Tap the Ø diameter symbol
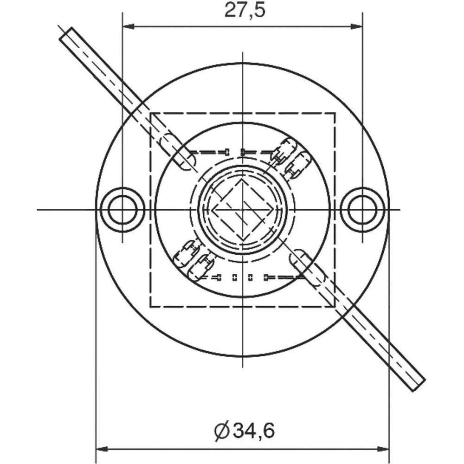[x=223, y=431]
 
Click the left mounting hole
[x=122, y=210]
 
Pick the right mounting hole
[x=362, y=210]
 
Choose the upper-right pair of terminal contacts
[x=290, y=158]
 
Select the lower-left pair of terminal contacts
[x=194, y=260]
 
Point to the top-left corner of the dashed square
[x=150, y=113]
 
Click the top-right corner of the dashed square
[x=335, y=113]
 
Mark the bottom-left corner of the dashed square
[x=150, y=306]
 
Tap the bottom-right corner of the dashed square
[x=335, y=306]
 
